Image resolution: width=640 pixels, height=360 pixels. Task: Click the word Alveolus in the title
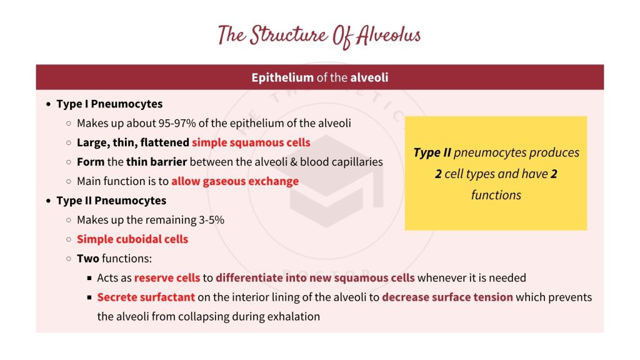[x=388, y=36]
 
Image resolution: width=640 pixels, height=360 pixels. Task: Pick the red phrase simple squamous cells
[x=251, y=142]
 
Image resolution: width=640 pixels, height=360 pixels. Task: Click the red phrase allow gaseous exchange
[x=235, y=181]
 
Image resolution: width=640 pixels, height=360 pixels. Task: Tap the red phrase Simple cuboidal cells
[x=132, y=239]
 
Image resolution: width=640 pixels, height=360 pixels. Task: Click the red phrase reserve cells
[x=167, y=278]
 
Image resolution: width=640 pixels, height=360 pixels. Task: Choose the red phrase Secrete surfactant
[x=146, y=297]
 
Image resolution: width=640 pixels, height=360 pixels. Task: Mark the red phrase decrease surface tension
[x=447, y=297]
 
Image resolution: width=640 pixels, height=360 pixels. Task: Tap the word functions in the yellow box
[x=496, y=195]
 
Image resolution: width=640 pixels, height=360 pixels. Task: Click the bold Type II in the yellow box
[x=432, y=153]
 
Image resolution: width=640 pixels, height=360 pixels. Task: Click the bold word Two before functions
[x=88, y=259]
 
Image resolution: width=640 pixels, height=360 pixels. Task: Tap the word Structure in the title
[x=285, y=36]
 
